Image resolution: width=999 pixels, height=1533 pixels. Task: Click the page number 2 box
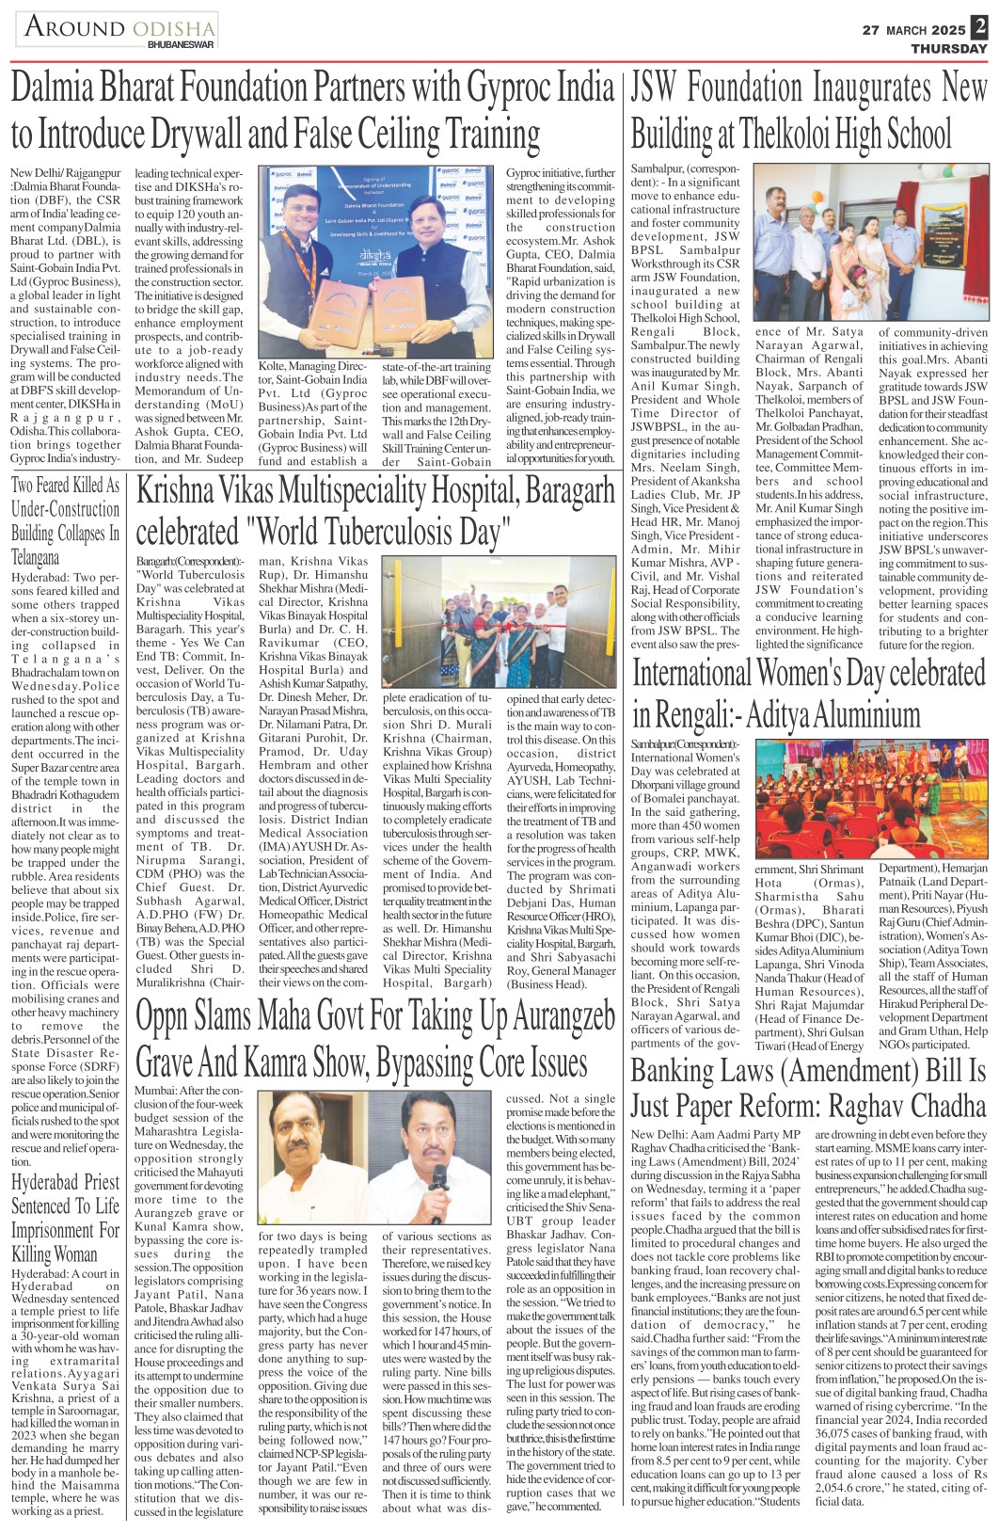click(x=979, y=26)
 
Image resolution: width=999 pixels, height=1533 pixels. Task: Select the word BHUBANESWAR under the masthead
click(x=181, y=44)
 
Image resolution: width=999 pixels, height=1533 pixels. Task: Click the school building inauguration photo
click(x=871, y=243)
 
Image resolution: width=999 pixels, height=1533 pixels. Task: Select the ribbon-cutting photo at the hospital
click(x=499, y=623)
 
